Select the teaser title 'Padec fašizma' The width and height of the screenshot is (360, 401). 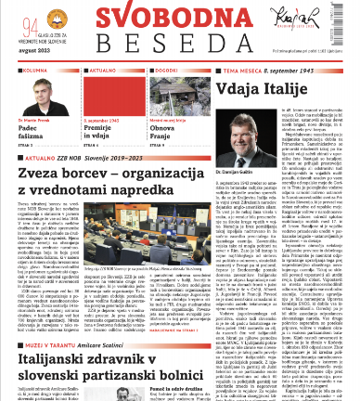(29, 133)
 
